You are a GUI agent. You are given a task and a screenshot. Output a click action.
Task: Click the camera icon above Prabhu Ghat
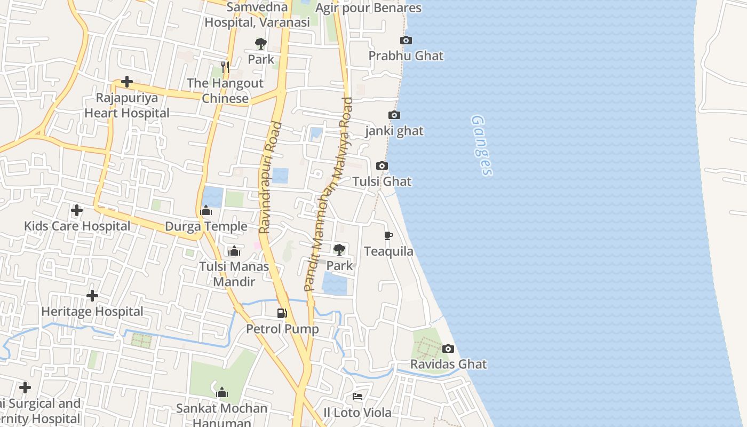click(406, 41)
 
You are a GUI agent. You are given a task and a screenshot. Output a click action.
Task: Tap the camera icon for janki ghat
click(394, 115)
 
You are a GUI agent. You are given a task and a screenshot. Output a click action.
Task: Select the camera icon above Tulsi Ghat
click(382, 166)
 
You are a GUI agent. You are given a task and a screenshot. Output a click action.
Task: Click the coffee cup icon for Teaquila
click(388, 235)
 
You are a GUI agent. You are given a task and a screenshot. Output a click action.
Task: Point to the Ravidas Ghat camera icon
click(448, 349)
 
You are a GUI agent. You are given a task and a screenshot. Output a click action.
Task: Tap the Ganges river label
click(482, 145)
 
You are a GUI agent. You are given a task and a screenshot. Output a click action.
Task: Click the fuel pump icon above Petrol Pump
click(282, 313)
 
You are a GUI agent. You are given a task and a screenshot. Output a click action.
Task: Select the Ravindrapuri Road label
click(271, 178)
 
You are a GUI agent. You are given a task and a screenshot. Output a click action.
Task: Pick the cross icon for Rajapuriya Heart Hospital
click(127, 82)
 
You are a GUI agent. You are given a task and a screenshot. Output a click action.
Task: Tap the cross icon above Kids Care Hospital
click(77, 210)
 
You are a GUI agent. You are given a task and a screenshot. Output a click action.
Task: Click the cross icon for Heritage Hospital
click(92, 295)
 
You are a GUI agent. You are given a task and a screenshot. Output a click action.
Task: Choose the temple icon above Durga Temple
click(206, 211)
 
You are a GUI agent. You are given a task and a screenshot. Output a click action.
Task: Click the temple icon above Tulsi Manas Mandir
click(234, 251)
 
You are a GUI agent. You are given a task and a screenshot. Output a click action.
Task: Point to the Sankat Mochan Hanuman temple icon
click(222, 393)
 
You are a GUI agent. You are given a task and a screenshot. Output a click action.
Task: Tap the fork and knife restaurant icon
click(225, 67)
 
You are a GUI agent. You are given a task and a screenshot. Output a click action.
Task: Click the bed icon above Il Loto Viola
click(357, 397)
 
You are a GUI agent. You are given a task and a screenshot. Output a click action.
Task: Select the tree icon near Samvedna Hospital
click(261, 44)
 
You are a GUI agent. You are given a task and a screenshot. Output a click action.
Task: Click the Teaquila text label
click(388, 251)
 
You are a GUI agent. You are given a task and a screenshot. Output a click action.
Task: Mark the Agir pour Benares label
click(368, 8)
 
